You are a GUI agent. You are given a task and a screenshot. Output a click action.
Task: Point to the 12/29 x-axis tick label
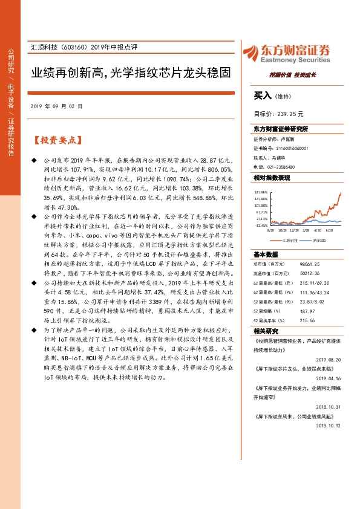[294, 230]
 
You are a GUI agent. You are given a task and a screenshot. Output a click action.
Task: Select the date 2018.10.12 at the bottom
[329, 426]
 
